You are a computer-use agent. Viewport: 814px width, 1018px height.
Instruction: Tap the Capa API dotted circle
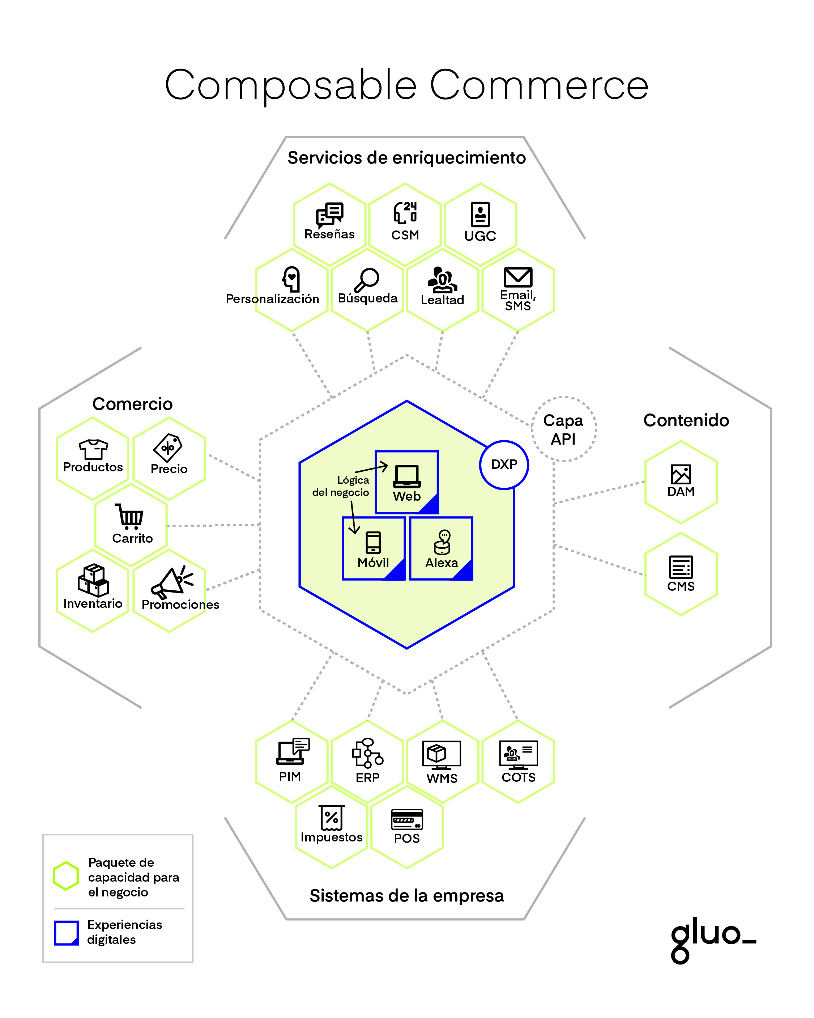point(563,429)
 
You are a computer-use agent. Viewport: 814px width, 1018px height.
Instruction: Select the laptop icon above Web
point(407,476)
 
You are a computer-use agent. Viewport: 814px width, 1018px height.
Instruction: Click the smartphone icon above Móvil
point(373,542)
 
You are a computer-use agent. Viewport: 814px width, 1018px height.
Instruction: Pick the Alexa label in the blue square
point(441,563)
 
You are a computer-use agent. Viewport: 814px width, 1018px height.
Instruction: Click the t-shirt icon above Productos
point(93,449)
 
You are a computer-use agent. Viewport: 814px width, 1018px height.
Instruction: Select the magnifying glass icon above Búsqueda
point(367,280)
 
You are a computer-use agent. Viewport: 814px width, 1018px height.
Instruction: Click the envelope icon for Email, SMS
point(518,277)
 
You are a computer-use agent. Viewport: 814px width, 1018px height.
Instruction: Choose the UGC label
point(480,236)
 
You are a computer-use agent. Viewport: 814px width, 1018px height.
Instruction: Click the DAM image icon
point(681,474)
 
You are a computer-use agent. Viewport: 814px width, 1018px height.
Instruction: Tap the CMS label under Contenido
point(681,586)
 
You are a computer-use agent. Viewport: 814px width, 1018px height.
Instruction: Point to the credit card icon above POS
point(407,819)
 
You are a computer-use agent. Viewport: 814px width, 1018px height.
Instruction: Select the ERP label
point(368,777)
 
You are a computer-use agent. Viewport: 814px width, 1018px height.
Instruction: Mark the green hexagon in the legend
point(65,876)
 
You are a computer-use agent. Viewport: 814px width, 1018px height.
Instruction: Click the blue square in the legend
point(66,933)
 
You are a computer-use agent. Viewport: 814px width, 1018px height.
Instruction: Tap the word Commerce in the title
point(538,85)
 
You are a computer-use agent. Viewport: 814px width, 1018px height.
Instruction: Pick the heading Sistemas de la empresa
point(406,895)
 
